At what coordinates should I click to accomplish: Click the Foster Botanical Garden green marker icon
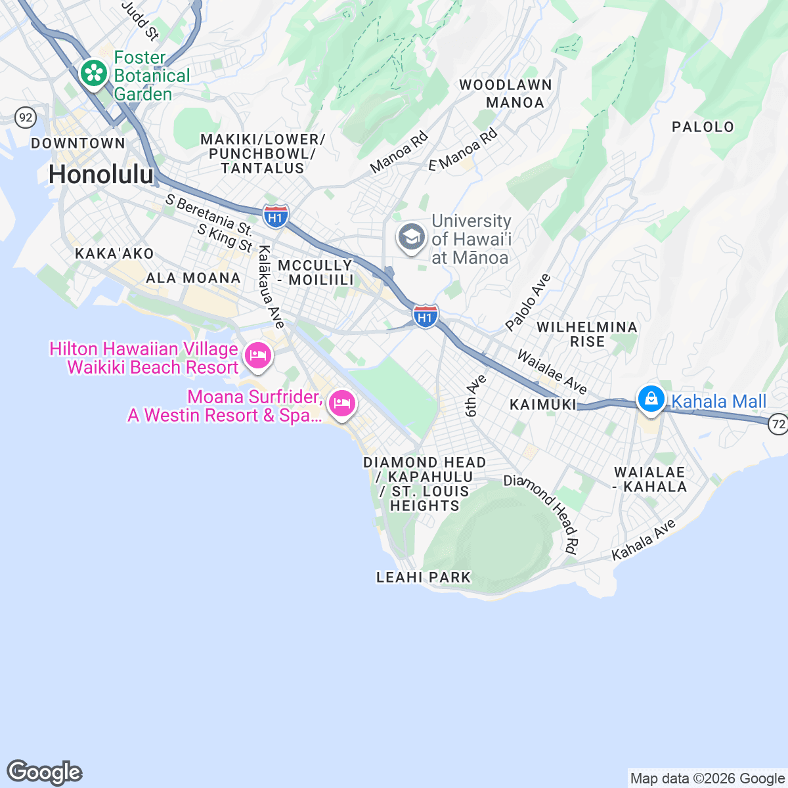(95, 74)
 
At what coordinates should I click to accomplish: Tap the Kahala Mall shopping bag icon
(651, 399)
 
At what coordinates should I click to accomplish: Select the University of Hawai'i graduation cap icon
(412, 237)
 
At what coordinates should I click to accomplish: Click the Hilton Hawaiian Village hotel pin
(257, 356)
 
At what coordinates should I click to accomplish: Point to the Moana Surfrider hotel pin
(341, 403)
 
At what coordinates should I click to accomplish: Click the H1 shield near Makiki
(276, 216)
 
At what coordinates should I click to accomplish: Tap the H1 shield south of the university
(426, 317)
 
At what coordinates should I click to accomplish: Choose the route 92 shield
(26, 118)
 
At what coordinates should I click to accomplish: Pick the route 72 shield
(778, 424)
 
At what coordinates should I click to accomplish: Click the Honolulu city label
(101, 175)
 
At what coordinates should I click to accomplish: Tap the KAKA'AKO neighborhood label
(114, 253)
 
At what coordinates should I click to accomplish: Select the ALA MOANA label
(193, 278)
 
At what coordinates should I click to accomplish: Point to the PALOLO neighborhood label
(703, 127)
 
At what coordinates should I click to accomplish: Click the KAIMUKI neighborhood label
(543, 405)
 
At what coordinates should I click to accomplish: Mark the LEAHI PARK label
(424, 577)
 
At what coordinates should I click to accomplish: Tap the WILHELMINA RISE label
(587, 334)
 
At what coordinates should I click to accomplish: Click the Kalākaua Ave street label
(271, 287)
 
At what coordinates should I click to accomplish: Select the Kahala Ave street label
(644, 540)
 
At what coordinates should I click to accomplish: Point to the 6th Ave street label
(475, 396)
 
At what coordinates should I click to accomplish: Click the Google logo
(45, 772)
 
